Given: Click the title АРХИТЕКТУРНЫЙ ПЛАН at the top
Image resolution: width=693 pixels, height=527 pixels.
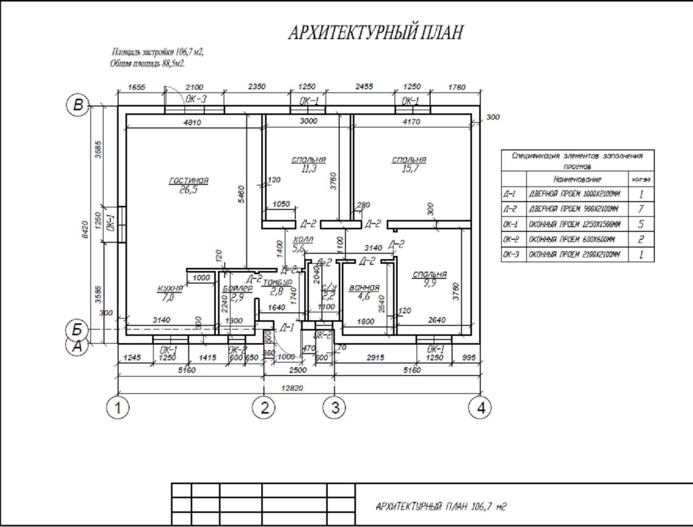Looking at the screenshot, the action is (x=376, y=32).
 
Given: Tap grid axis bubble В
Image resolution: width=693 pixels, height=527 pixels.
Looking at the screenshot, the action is (x=77, y=104).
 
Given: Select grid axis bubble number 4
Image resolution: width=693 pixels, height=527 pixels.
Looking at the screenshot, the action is (x=480, y=407).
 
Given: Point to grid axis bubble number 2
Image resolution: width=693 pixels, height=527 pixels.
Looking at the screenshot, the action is (x=264, y=407).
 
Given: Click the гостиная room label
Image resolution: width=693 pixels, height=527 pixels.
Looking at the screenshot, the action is (x=189, y=181).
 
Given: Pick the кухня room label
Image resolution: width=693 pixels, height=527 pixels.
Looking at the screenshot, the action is (x=170, y=289).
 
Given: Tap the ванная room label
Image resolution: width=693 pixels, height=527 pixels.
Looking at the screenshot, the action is (x=364, y=288).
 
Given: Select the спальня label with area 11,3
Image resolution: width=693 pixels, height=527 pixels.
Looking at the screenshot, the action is (x=308, y=159).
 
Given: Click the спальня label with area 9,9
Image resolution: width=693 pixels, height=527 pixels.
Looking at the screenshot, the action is (x=430, y=275).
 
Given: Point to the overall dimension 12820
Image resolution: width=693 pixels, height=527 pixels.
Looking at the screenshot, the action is (x=292, y=388).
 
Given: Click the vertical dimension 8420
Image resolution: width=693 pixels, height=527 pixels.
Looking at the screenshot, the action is (x=85, y=229).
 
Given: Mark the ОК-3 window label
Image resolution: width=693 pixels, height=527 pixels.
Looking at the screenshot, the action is (x=196, y=99).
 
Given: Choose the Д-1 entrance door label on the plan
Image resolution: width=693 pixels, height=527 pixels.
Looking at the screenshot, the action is (x=287, y=327).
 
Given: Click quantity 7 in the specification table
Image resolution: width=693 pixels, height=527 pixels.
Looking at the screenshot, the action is (x=641, y=209).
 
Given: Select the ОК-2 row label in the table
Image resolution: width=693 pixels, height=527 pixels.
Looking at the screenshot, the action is (x=511, y=239).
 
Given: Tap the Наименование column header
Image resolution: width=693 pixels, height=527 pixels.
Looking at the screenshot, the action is (x=577, y=179).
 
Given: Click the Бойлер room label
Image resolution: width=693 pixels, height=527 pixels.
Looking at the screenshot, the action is (x=237, y=288).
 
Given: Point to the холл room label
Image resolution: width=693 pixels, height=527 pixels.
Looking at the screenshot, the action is (x=303, y=239).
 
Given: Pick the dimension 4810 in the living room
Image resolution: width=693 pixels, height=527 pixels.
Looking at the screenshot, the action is (x=192, y=123).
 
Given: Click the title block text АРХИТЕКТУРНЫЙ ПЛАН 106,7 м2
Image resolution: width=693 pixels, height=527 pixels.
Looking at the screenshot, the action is (x=441, y=506).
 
